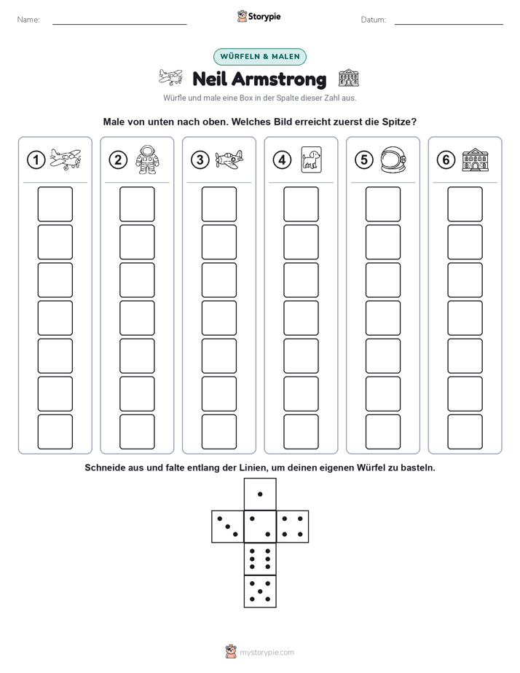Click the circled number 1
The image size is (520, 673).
(36, 160)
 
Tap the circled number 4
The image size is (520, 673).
(282, 160)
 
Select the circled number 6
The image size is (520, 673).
(446, 160)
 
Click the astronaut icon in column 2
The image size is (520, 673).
(147, 160)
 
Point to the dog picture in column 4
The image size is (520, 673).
(311, 160)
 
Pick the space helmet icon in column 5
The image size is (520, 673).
(393, 160)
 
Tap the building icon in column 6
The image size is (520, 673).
(476, 160)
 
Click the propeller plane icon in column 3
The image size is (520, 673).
(229, 160)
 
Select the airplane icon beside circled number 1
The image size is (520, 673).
(66, 160)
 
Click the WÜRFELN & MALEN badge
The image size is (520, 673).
(260, 57)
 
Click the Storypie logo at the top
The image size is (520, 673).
(259, 17)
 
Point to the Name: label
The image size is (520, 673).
(28, 20)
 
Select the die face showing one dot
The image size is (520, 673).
(260, 495)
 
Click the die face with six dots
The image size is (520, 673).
(260, 559)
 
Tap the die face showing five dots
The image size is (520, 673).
(260, 591)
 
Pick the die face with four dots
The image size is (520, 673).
(293, 527)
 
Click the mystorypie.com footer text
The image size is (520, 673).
(267, 653)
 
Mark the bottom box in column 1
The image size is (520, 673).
(55, 432)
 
